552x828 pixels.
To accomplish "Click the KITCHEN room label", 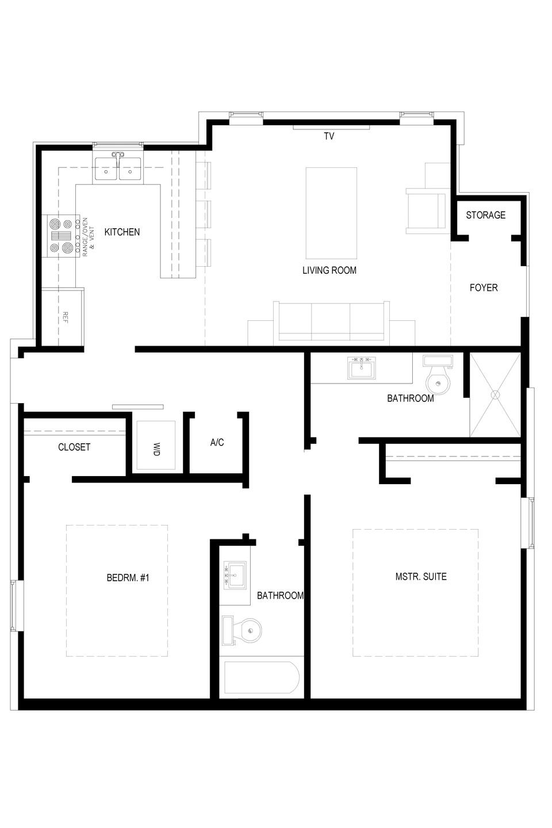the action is [122, 232].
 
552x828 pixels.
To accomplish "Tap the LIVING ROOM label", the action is [329, 271].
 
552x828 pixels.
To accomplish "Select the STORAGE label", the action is [485, 215].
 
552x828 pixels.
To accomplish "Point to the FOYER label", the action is [484, 287].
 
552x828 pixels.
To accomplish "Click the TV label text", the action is [329, 136].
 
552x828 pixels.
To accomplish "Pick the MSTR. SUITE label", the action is [421, 577].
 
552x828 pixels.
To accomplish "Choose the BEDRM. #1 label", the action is [128, 578].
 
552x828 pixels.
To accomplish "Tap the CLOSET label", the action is [74, 447].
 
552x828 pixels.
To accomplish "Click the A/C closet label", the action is [217, 443].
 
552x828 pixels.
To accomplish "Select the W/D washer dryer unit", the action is [156, 445].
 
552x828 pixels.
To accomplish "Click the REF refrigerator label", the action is [66, 317].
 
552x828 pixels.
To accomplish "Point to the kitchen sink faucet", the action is [118, 159].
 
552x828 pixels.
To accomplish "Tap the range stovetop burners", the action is [62, 236].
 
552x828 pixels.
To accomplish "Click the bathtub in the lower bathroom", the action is [262, 677].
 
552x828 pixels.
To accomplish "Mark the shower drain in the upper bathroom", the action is [495, 395].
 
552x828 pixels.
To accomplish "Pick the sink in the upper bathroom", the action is [362, 368].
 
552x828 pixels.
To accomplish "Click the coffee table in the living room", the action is [331, 213].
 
